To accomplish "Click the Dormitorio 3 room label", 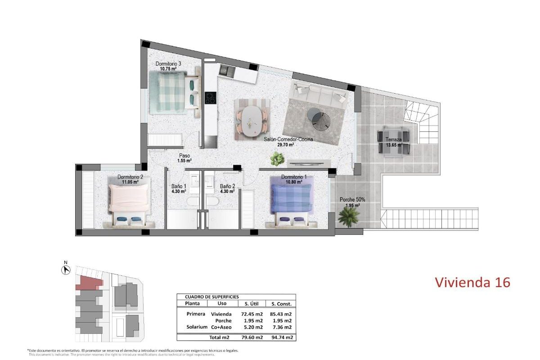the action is point(168,63).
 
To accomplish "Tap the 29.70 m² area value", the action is point(285,145).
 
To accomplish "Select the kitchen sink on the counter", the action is point(227,71).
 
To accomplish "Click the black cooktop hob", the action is point(211,98).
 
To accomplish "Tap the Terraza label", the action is point(394,139).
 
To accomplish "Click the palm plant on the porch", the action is point(348,217).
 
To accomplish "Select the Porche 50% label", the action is point(352,200).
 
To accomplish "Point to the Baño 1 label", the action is point(179,186).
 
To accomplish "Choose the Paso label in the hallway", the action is point(184,156).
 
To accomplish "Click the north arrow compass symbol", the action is point(66,270).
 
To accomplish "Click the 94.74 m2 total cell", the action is point(282,337).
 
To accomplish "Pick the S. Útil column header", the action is point(252,304).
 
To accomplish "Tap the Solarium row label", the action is point(197,327).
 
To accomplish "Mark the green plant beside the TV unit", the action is point(277,159).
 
